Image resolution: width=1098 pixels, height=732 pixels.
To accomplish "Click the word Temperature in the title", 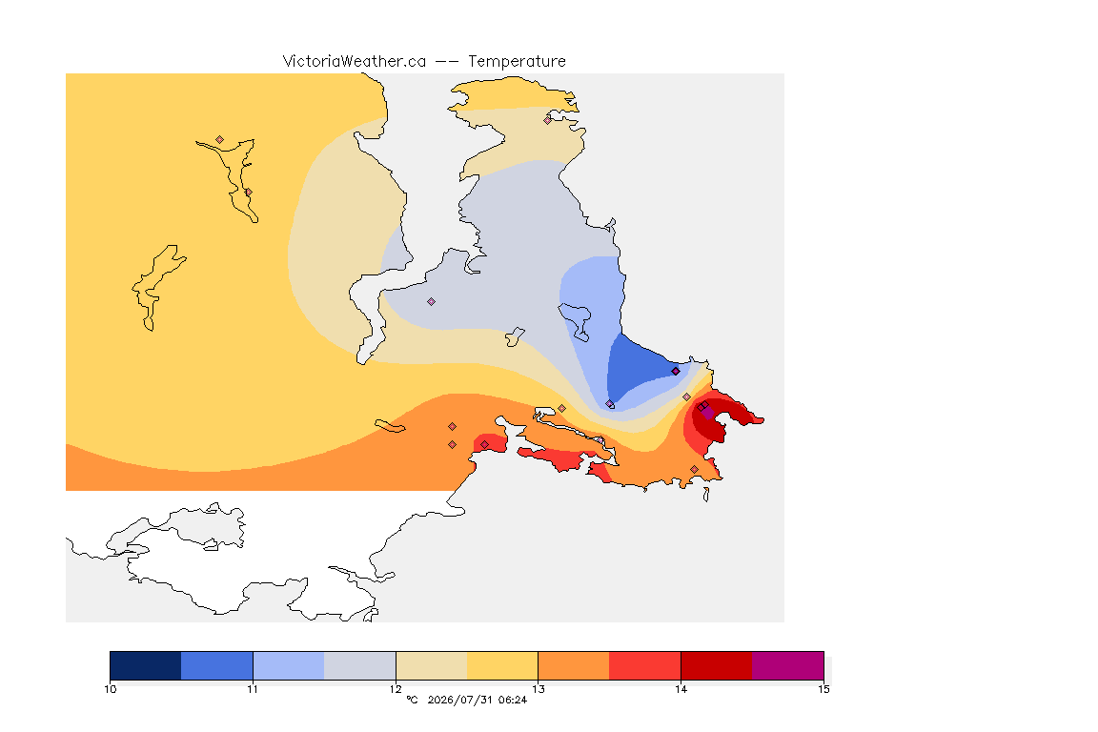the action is [x=517, y=62].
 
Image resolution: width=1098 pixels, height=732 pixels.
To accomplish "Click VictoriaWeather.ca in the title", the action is [x=355, y=62].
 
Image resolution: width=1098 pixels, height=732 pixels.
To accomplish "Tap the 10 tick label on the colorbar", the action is [x=111, y=689].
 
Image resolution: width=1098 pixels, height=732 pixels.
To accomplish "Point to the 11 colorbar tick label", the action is [x=253, y=689].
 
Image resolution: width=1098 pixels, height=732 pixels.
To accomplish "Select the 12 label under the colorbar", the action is [x=396, y=689].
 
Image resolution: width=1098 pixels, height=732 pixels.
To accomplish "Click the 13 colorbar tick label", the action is [x=538, y=689].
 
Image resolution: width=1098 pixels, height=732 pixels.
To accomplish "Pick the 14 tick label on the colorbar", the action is [x=681, y=689].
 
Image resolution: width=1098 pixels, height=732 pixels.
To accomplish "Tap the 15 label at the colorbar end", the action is [x=823, y=689].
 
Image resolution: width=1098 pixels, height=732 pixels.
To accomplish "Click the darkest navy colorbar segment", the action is [x=146, y=665].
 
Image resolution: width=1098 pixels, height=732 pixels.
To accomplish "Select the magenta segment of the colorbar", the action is [x=788, y=665].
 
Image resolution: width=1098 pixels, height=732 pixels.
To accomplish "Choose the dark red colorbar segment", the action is [x=717, y=665].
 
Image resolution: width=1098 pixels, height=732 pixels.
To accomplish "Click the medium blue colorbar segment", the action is [x=217, y=665].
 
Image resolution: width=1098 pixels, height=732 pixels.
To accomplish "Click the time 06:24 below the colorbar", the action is [x=513, y=700].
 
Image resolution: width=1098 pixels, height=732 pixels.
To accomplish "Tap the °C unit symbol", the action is [x=412, y=700].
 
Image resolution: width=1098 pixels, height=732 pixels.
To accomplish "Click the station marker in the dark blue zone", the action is [x=675, y=372].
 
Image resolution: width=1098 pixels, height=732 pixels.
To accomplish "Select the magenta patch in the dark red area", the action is [x=708, y=413].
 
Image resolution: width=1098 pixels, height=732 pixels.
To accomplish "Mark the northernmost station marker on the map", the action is [x=548, y=120].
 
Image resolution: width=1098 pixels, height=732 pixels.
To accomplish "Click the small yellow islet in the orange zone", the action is [x=390, y=426].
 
